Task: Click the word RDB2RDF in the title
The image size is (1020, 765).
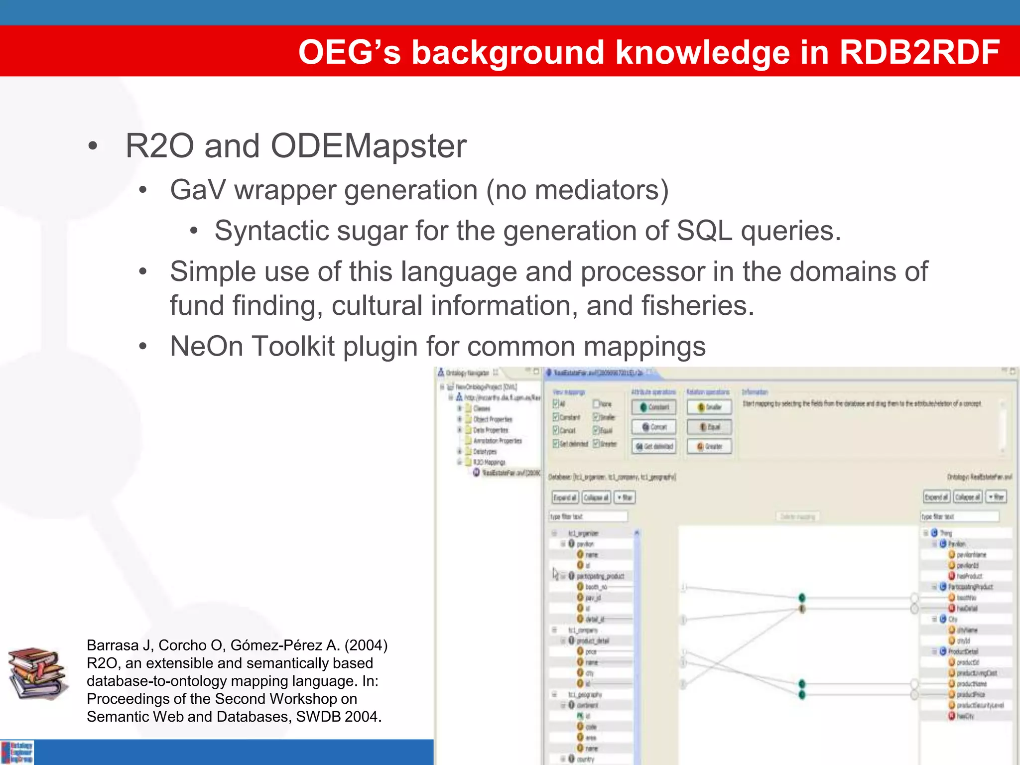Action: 919,52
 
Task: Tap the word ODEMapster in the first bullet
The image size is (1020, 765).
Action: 368,146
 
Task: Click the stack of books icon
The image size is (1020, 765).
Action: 36,673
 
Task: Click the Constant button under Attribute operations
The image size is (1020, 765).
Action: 654,407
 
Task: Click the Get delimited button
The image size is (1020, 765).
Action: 654,446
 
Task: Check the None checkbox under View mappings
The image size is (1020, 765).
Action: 596,404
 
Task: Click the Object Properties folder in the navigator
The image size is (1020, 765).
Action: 492,419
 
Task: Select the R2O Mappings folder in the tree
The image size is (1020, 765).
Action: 488,462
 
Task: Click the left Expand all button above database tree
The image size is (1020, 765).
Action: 565,498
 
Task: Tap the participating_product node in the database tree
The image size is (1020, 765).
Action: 600,576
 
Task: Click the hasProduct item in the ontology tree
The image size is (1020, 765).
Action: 969,576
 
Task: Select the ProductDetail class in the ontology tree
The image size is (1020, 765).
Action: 963,651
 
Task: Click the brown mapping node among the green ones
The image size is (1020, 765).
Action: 802,609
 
